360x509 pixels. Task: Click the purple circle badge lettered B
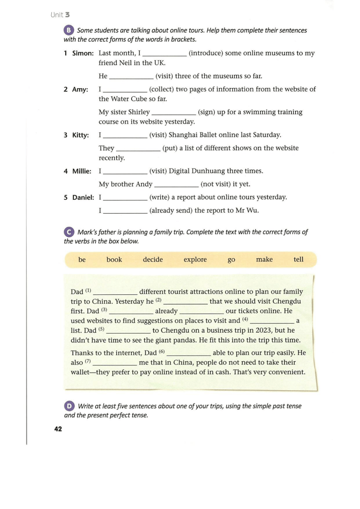coord(69,30)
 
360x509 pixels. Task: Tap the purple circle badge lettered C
coord(69,232)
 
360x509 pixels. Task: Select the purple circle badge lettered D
coord(69,406)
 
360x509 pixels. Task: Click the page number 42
coord(58,429)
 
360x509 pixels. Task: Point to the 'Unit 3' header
coord(60,15)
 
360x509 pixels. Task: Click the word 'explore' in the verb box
coord(195,260)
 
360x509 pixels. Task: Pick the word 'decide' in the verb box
coord(153,260)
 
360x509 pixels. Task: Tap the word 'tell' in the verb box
coord(298,259)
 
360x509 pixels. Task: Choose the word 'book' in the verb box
coord(114,260)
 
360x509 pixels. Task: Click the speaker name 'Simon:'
coord(83,53)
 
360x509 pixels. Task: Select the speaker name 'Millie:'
coord(82,171)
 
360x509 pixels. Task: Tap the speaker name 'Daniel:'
coord(83,198)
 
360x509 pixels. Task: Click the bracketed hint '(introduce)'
coord(206,53)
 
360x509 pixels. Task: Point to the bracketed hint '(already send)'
coord(171,210)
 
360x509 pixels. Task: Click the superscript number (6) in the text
coord(162,352)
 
